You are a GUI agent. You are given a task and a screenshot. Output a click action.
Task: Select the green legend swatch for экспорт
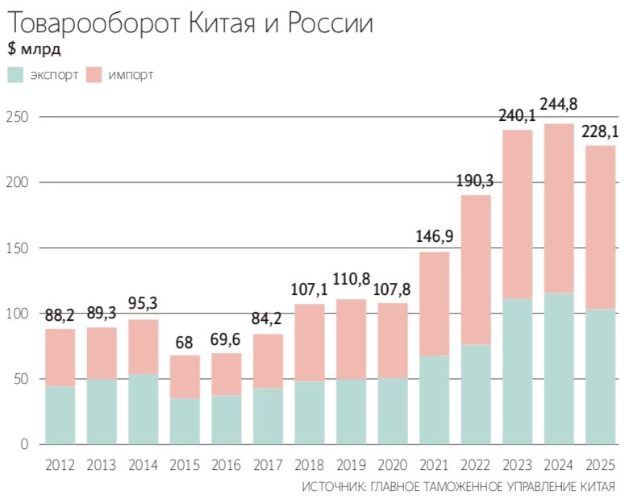(16, 75)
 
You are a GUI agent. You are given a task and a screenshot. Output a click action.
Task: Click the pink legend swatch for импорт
(94, 75)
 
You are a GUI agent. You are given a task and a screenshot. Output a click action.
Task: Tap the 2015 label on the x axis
(185, 466)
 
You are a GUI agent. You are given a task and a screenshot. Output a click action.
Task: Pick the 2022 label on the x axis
(476, 466)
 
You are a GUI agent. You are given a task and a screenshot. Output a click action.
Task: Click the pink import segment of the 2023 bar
(517, 214)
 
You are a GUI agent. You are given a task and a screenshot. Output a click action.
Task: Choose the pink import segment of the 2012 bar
(60, 357)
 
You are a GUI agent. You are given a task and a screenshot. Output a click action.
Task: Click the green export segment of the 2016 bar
(227, 419)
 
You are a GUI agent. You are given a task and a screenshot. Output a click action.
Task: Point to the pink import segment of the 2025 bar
(600, 227)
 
